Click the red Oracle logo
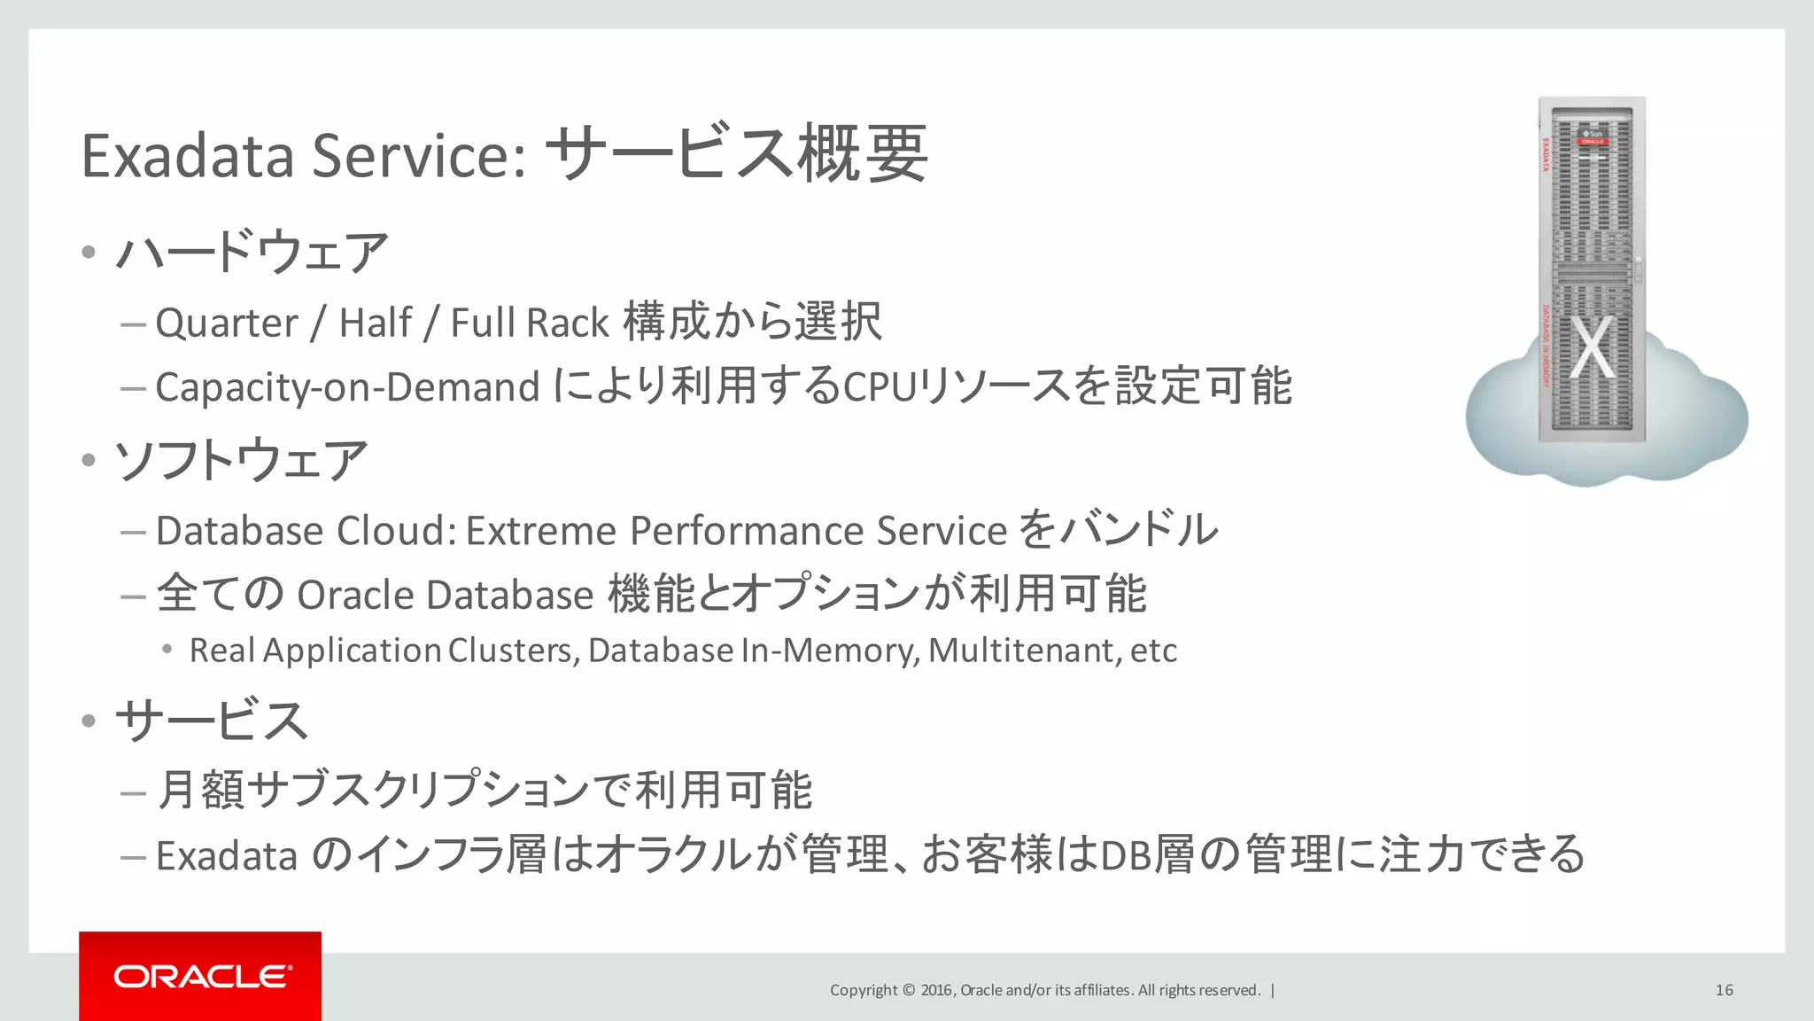point(200,976)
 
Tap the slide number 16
point(1724,990)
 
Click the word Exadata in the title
point(187,156)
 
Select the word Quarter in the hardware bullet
point(227,323)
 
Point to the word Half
point(376,323)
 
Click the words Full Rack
point(530,323)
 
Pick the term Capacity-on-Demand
point(347,387)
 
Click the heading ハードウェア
point(252,253)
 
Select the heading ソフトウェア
point(241,461)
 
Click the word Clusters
point(513,651)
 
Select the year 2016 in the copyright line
point(936,990)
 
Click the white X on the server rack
point(1593,348)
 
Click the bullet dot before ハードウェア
point(88,253)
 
